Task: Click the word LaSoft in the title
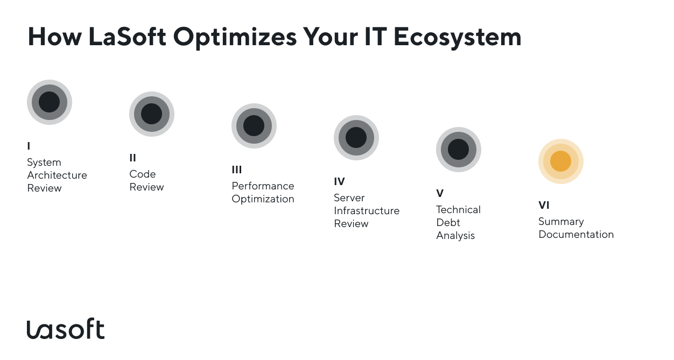point(127,37)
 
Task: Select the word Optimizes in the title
point(235,38)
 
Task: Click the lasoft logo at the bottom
point(66,328)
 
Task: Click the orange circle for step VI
point(560,161)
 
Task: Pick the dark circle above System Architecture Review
point(50,102)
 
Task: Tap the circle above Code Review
point(152,114)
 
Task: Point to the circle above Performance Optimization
point(254,126)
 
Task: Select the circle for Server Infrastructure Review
point(356,138)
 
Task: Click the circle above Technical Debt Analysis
point(459,150)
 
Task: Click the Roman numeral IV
point(339,182)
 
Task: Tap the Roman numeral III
point(237,170)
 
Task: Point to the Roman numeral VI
point(544,206)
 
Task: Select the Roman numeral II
point(132,158)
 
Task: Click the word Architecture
point(57,175)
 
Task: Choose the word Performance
point(263,186)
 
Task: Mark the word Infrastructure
point(367,210)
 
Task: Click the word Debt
point(448,223)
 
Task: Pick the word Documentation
point(576,234)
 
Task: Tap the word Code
point(143,174)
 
